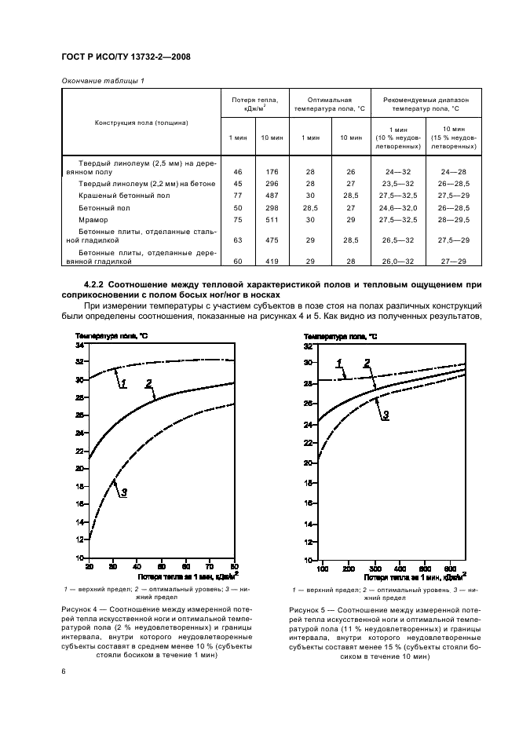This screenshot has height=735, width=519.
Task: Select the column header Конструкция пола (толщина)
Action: click(141, 122)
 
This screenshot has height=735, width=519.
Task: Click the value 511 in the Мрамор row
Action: click(271, 221)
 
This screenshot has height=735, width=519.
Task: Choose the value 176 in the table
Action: click(271, 170)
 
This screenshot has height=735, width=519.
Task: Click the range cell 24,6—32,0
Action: click(397, 207)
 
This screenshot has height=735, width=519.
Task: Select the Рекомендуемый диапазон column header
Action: click(426, 105)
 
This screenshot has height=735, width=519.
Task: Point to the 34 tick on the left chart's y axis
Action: click(79, 345)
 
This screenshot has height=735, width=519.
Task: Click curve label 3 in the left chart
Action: click(124, 492)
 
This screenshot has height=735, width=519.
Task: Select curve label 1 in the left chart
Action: click(123, 382)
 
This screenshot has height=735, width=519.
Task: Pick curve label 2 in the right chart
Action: click(366, 364)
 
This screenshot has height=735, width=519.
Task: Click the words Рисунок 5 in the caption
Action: click(306, 610)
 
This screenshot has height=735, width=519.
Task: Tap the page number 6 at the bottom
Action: click(64, 670)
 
